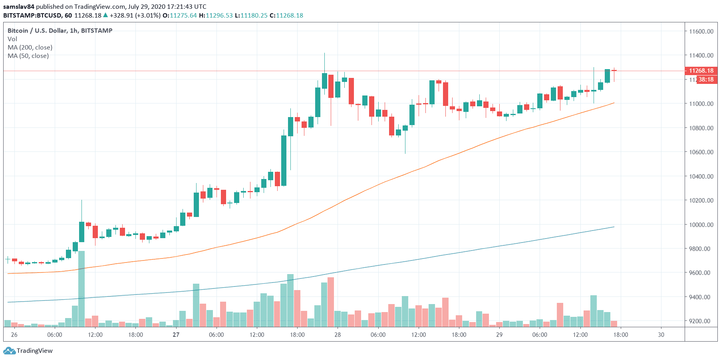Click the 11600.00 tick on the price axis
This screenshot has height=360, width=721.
(x=701, y=31)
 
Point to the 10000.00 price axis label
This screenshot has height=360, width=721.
(x=701, y=225)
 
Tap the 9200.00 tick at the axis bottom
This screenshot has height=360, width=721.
(x=701, y=321)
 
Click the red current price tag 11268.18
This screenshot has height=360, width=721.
(x=701, y=71)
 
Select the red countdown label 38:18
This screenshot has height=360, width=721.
(x=706, y=80)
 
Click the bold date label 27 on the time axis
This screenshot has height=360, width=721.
(x=176, y=334)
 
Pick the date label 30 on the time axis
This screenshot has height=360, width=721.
(x=661, y=334)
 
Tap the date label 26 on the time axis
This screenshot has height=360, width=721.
(x=14, y=334)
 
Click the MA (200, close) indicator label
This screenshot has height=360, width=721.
(x=30, y=47)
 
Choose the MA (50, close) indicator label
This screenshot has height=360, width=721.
(x=28, y=56)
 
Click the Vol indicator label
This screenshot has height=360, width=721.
(x=12, y=39)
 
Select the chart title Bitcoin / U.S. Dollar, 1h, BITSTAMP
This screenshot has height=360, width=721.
(x=60, y=30)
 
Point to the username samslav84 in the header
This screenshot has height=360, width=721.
(x=19, y=6)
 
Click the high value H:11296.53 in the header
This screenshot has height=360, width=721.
(x=216, y=15)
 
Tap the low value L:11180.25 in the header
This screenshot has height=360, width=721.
(x=251, y=15)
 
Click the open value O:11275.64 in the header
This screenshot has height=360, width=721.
(x=180, y=15)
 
